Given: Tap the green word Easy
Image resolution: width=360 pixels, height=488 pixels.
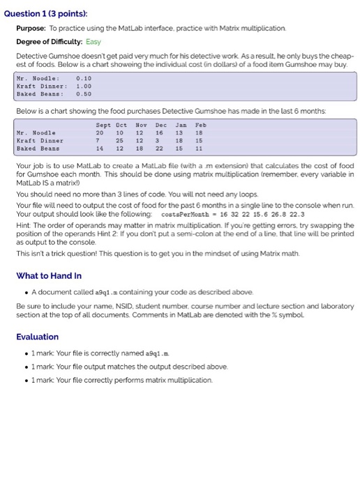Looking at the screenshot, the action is tap(93, 42).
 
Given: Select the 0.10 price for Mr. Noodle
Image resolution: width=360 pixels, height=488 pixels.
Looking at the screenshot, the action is tap(84, 78).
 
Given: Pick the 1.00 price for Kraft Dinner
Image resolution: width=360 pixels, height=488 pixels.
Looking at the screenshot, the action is tap(84, 86).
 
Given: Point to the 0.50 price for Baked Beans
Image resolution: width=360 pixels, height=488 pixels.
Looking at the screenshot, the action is tap(84, 93).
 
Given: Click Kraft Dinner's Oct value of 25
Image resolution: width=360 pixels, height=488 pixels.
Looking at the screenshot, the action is tap(120, 140).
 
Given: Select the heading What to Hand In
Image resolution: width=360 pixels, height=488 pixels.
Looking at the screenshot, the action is tap(48, 275).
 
